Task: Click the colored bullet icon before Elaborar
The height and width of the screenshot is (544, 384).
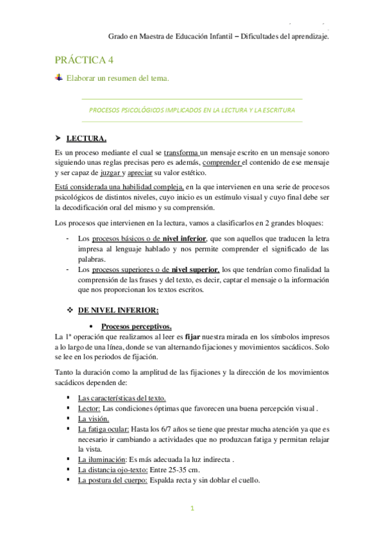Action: pos(59,78)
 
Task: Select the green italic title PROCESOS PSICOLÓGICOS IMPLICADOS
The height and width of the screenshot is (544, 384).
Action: pos(192,110)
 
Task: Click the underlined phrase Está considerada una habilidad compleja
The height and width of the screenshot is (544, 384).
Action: pos(110,187)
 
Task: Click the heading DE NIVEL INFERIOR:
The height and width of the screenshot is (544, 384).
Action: pos(118,311)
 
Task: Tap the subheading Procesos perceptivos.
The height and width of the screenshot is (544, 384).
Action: pos(136,326)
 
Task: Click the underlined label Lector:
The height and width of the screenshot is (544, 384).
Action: pos(89,408)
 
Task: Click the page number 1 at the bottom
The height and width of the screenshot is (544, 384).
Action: pos(192,509)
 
